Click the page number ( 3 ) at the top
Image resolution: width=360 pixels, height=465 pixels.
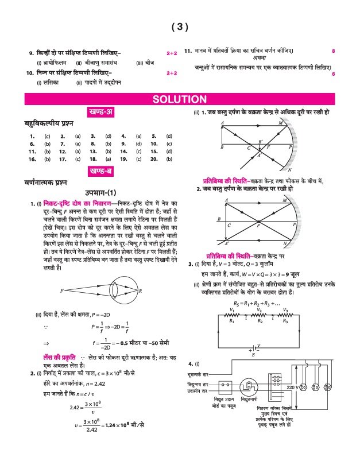click(x=180, y=27)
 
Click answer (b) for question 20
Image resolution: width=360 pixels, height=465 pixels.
click(x=169, y=158)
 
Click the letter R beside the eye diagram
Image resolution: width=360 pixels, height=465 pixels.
click(x=141, y=291)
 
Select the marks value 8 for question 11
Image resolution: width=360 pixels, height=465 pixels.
click(x=333, y=52)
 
